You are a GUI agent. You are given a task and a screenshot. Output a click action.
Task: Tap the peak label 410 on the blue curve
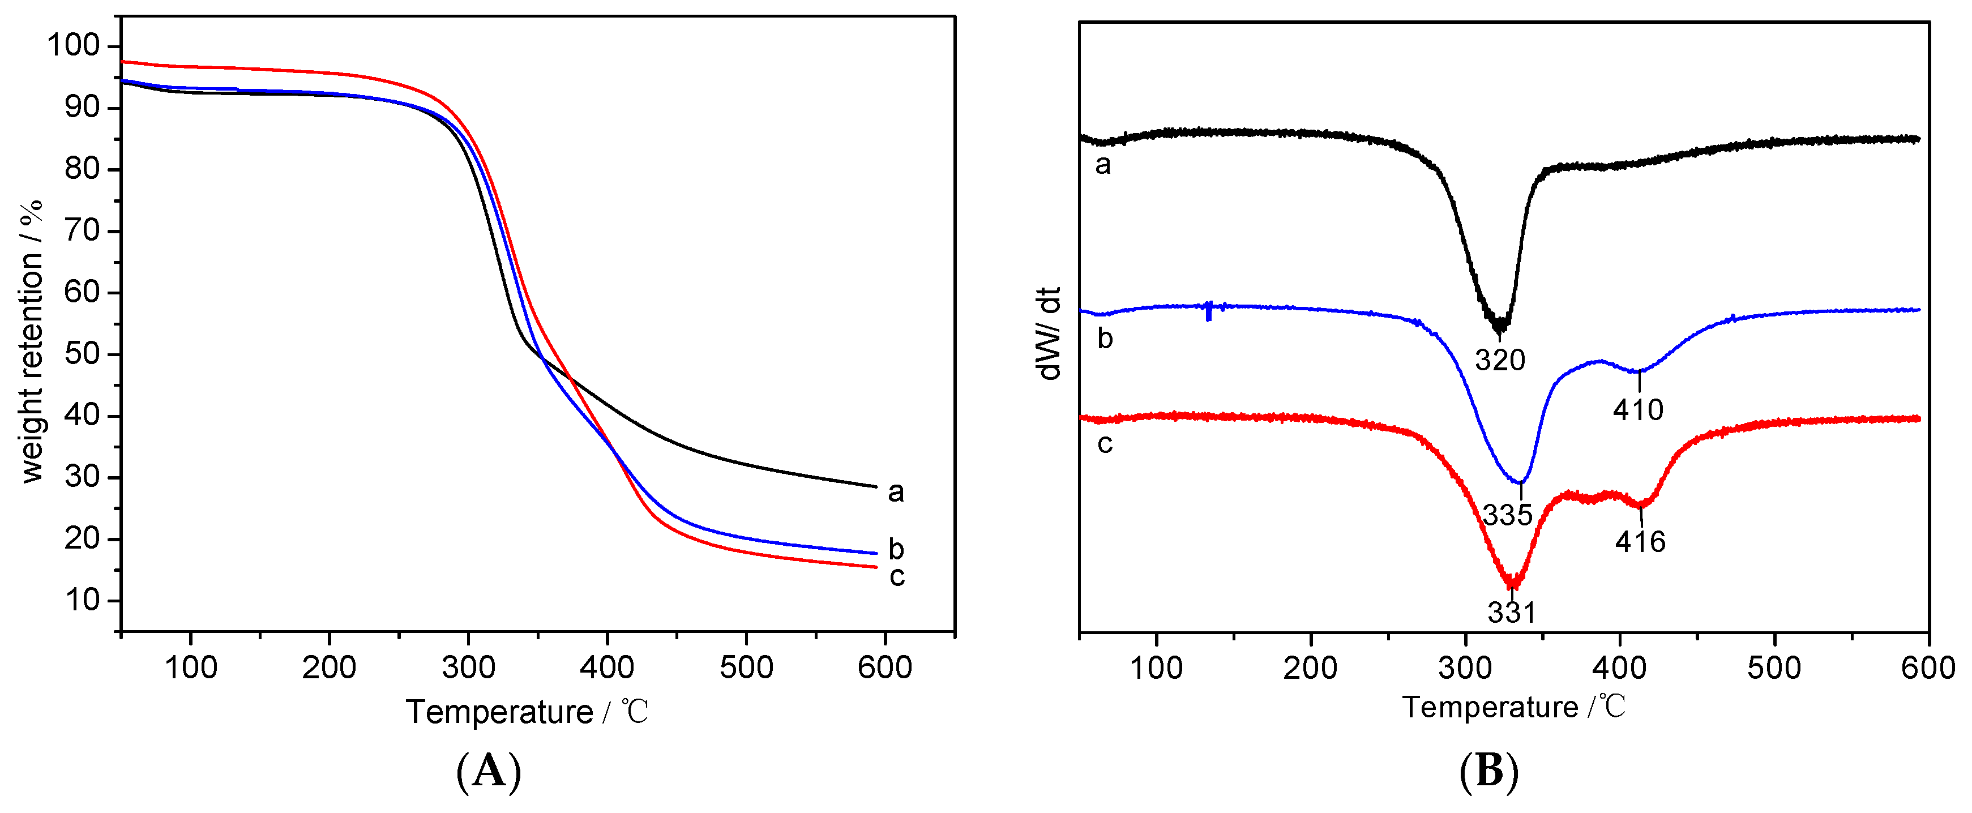point(1638,410)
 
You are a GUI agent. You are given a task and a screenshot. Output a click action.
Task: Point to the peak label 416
point(1641,542)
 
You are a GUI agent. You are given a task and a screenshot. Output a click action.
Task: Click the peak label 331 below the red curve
point(1512,611)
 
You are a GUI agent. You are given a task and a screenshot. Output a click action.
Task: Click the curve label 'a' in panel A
point(896,491)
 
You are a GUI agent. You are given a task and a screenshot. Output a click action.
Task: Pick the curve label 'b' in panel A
point(896,549)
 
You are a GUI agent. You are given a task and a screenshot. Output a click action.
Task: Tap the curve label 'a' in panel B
point(1102,164)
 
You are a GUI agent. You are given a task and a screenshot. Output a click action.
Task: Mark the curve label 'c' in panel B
point(1105,443)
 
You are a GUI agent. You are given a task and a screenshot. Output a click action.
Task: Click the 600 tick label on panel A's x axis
point(884,667)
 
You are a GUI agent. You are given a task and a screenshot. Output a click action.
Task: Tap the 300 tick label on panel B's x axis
point(1465,667)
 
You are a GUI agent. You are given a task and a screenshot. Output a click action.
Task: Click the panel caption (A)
point(489,772)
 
